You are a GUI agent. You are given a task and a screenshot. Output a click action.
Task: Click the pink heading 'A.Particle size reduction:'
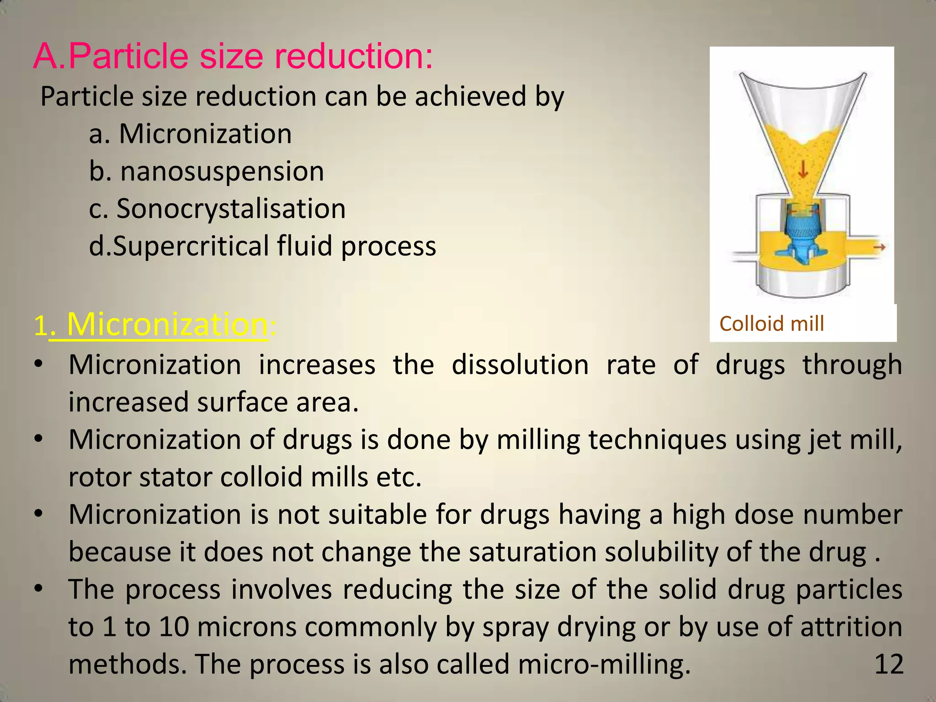[233, 57]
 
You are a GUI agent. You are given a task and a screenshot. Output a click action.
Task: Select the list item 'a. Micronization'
[190, 134]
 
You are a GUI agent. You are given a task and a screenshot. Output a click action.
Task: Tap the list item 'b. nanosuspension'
[207, 171]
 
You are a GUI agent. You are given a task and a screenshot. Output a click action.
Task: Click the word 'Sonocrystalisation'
[231, 209]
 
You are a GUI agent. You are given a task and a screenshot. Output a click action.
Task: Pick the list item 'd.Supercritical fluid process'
[262, 246]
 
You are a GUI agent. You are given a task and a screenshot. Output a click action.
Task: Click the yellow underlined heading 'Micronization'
[167, 324]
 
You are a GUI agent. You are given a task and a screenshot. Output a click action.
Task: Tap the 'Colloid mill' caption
[771, 324]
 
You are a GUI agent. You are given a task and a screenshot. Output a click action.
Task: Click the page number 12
[888, 664]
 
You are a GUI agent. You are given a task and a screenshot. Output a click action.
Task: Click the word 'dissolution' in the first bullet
[520, 365]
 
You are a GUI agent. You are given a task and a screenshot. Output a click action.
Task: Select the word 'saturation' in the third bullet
[532, 552]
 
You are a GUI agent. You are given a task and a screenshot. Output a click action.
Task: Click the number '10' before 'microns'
[174, 627]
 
